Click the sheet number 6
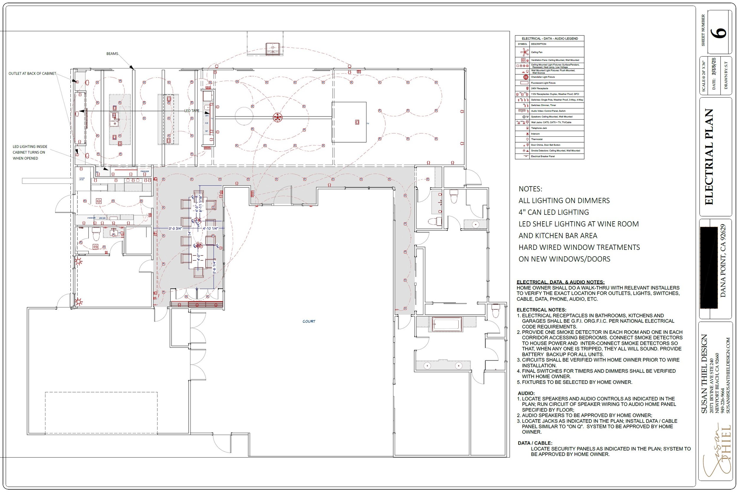click(721, 33)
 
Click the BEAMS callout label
click(112, 54)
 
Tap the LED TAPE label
click(191, 111)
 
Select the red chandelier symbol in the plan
click(277, 118)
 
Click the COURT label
click(309, 321)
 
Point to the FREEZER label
click(145, 171)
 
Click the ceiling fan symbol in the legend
click(524, 52)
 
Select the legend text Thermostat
click(537, 139)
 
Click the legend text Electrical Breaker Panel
click(543, 156)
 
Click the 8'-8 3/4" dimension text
click(175, 228)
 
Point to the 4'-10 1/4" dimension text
click(210, 228)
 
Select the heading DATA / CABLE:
click(535, 443)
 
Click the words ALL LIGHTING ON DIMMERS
click(564, 201)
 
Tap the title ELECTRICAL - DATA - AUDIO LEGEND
click(550, 39)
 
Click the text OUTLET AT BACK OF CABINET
click(32, 73)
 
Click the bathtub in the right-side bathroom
click(447, 324)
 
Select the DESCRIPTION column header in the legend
click(539, 44)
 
